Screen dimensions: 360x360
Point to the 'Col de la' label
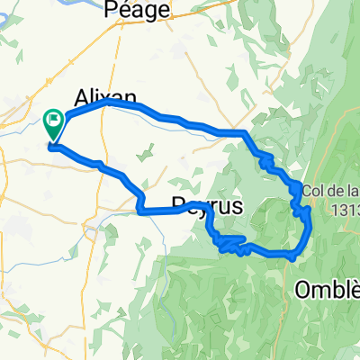(330, 190)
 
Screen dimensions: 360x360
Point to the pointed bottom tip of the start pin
(53, 141)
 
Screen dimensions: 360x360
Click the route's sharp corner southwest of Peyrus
(139, 211)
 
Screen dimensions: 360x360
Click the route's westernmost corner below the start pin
(50, 147)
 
